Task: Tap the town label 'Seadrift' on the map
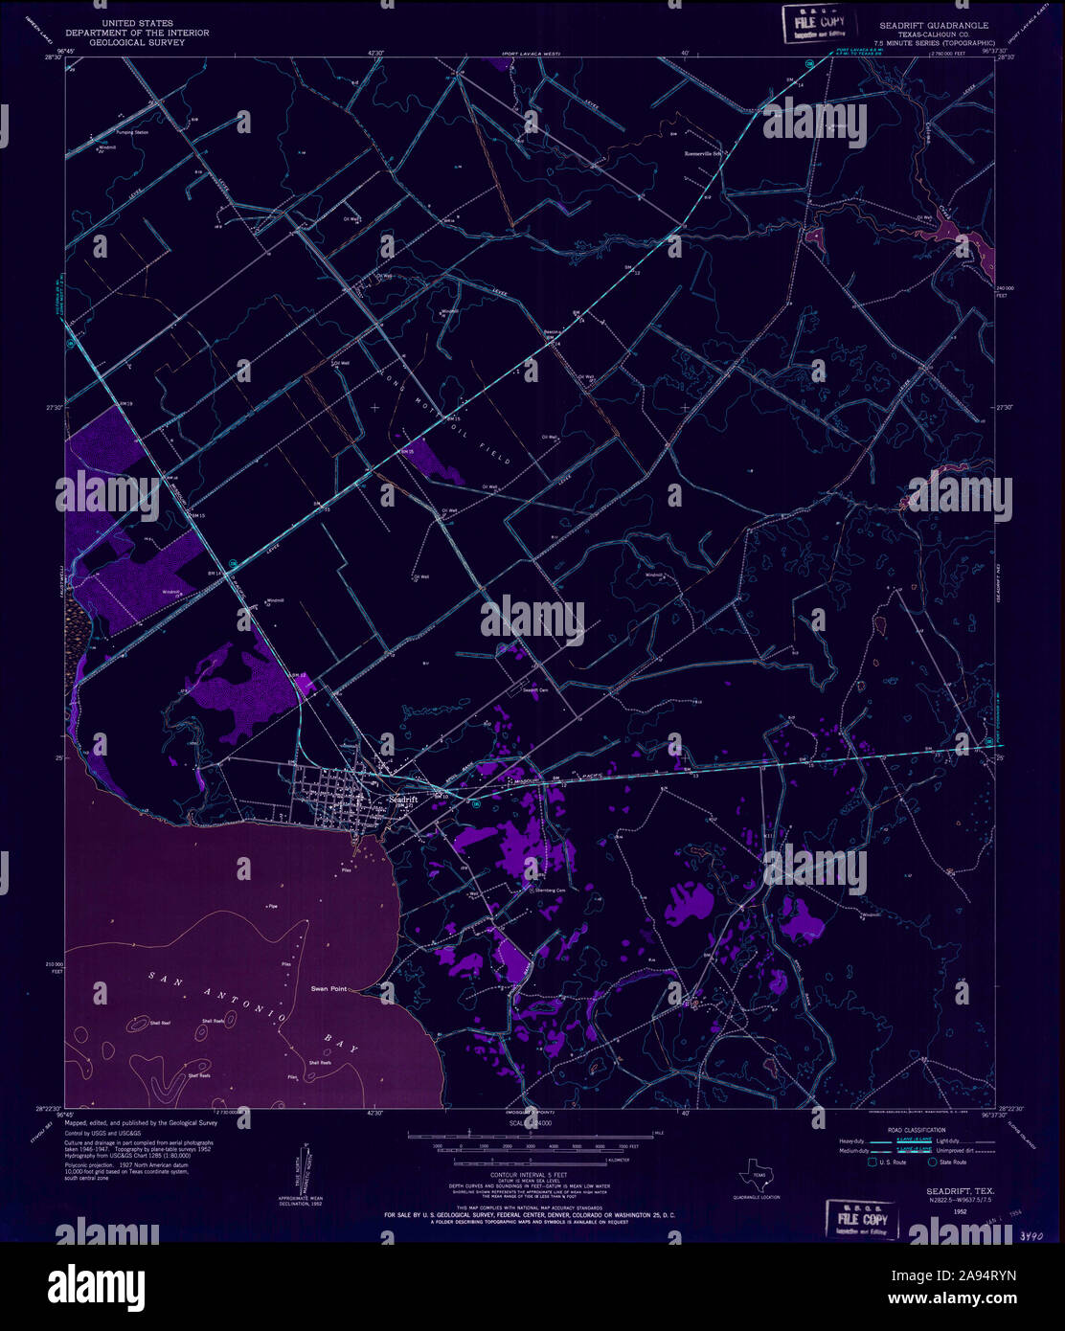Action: tap(402, 799)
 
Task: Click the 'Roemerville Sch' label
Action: tap(707, 152)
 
